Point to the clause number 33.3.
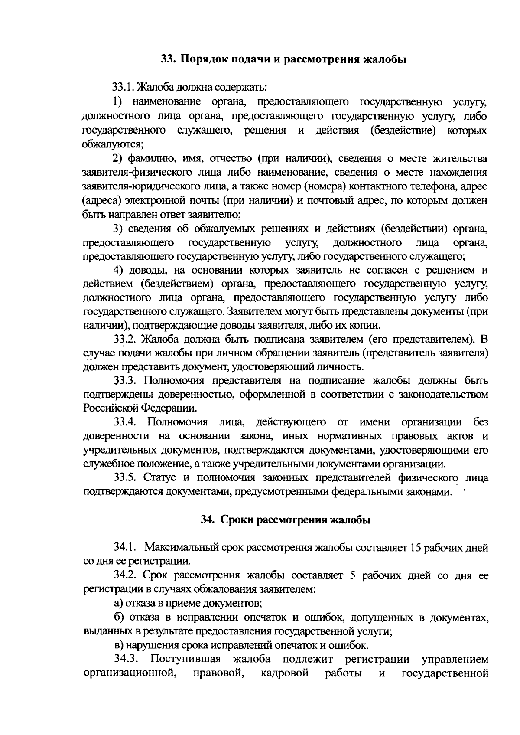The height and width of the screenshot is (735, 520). (126, 380)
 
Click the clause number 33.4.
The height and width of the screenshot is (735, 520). (126, 422)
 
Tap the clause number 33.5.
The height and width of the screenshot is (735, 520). (126, 478)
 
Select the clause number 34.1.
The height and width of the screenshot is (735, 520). (126, 548)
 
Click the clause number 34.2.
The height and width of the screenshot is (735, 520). (126, 576)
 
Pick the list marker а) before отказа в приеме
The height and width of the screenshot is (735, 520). (118, 603)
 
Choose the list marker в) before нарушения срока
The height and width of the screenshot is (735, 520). (118, 645)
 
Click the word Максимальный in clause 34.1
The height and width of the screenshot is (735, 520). (182, 548)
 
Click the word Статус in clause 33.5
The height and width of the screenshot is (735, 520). (159, 478)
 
